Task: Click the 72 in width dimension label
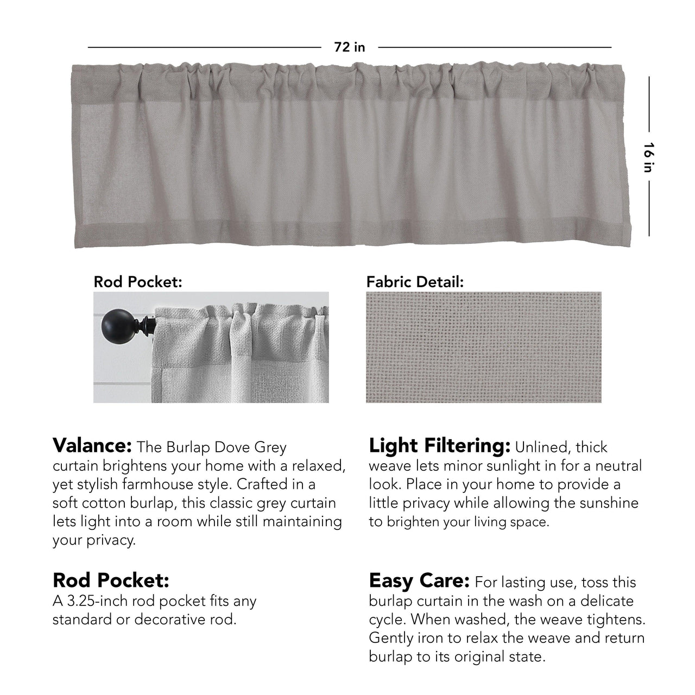(349, 47)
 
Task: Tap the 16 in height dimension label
(648, 157)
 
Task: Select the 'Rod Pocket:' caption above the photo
(137, 282)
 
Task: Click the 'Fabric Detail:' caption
(415, 282)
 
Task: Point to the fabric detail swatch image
(483, 347)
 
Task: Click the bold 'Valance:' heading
(92, 446)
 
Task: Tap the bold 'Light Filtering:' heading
(439, 446)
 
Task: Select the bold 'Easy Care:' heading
(419, 581)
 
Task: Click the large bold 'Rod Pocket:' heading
(111, 580)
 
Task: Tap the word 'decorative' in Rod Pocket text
(184, 620)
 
